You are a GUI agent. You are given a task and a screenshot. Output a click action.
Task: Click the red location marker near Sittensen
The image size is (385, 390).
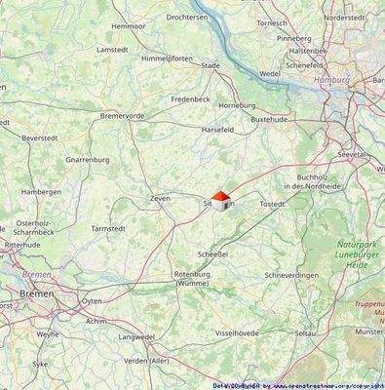pos(220,199)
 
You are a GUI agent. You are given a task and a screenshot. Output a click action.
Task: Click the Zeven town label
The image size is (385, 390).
pos(160,198)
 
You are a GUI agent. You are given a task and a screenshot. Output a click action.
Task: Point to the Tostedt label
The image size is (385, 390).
pos(272,204)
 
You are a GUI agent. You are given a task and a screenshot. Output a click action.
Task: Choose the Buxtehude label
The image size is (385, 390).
pos(270,118)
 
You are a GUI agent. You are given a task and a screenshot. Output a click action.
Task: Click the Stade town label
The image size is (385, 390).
pos(211,65)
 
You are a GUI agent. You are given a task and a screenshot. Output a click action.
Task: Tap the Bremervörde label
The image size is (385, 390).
pos(122,115)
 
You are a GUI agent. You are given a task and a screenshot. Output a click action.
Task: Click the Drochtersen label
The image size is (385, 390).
pos(187,17)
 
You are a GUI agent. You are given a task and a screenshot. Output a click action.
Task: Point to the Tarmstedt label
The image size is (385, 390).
pos(108,228)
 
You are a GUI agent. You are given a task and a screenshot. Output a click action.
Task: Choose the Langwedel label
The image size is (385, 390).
pos(136,337)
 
